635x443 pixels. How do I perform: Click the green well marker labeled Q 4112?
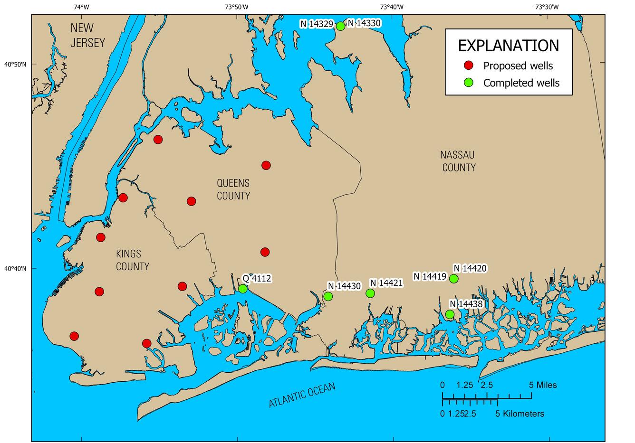point(243,289)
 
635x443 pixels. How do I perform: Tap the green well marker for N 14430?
point(328,296)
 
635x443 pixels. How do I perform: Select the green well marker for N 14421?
point(370,293)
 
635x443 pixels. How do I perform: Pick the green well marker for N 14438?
point(450,314)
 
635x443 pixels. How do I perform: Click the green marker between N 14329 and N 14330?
point(340,26)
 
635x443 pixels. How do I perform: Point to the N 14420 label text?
point(470,268)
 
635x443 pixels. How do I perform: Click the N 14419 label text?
point(430,276)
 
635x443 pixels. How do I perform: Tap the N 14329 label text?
point(317,24)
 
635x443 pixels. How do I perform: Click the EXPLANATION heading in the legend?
point(508,46)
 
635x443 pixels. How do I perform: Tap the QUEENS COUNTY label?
point(233,189)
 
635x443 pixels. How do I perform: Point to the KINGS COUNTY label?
point(132,260)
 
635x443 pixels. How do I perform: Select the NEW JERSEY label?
point(87,36)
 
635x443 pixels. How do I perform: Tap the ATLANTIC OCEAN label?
point(302,395)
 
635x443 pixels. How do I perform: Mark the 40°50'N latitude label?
point(15,64)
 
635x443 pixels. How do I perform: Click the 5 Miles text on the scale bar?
point(543,385)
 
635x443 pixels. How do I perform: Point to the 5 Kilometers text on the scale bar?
point(520,414)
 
